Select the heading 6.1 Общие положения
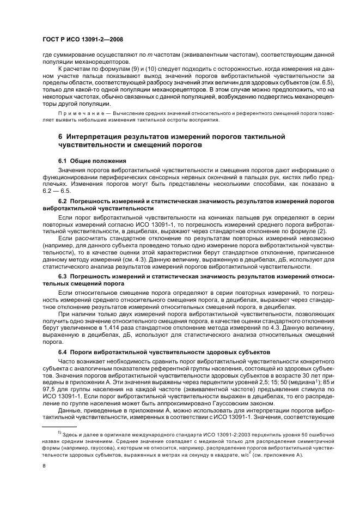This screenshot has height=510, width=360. tap(92, 161)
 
